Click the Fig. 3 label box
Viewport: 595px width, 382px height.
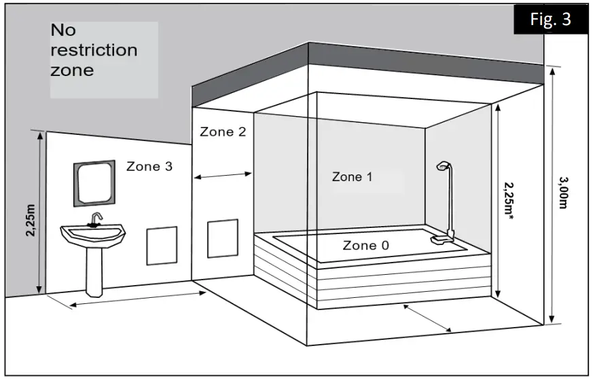[x=551, y=20]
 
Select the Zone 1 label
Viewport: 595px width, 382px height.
[x=352, y=177]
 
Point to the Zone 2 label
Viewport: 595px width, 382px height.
[x=223, y=132]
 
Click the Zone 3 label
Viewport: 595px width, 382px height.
[x=149, y=166]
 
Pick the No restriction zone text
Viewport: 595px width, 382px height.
[x=94, y=50]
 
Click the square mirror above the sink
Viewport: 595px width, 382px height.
[x=94, y=183]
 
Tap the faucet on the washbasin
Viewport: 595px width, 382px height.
[x=96, y=221]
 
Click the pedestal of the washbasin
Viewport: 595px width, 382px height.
[x=94, y=271]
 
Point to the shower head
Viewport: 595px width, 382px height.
[x=443, y=166]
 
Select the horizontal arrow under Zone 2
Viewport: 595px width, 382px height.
[x=223, y=176]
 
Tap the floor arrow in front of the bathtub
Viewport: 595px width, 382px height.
[x=427, y=318]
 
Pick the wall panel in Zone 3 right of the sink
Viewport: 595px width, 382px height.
[x=162, y=246]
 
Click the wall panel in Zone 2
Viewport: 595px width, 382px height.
[x=222, y=238]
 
